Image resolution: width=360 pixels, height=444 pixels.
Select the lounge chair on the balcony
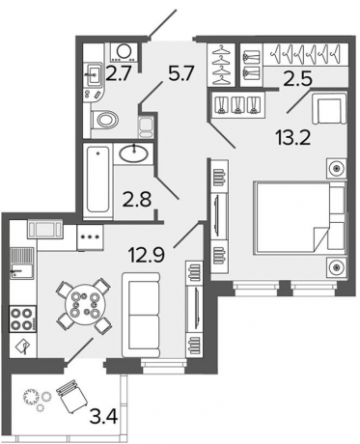click(x=71, y=396)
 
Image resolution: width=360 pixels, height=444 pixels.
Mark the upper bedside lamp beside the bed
click(x=335, y=168)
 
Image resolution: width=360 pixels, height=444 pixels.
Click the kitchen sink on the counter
click(x=21, y=270)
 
